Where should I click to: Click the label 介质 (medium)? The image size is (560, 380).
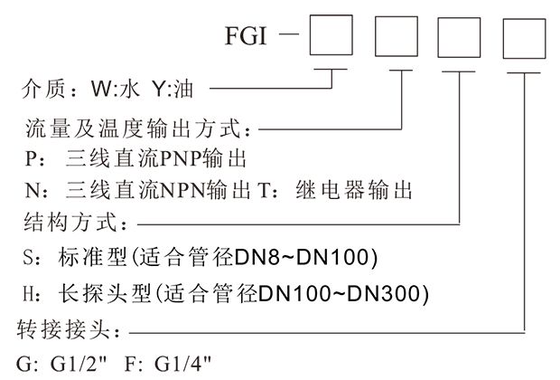pyautogui.click(x=40, y=90)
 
